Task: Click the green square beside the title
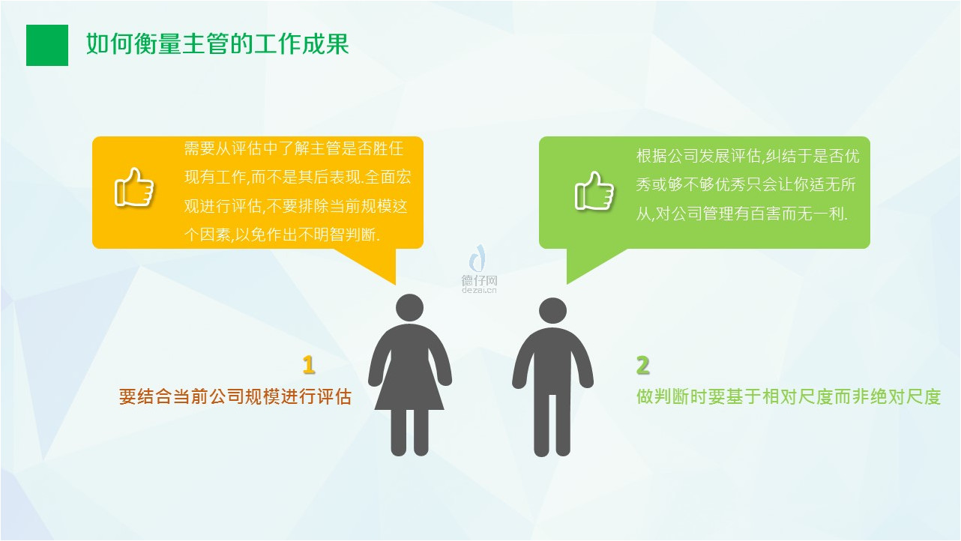pyautogui.click(x=47, y=46)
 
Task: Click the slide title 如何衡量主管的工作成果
pyautogui.click(x=217, y=44)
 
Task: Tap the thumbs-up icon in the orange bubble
pyautogui.click(x=134, y=187)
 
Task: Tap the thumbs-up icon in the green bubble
pyautogui.click(x=594, y=191)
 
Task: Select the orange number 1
pyautogui.click(x=308, y=365)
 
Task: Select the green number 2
pyautogui.click(x=642, y=365)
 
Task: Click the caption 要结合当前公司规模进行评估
pyautogui.click(x=235, y=396)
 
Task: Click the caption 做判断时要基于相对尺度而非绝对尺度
pyautogui.click(x=789, y=396)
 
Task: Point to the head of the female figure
pyautogui.click(x=409, y=308)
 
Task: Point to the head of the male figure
pyautogui.click(x=552, y=311)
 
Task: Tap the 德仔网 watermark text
pyautogui.click(x=479, y=280)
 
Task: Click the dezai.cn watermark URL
pyautogui.click(x=479, y=290)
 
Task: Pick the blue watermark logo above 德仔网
pyautogui.click(x=478, y=259)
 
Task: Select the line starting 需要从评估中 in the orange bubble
pyautogui.click(x=294, y=149)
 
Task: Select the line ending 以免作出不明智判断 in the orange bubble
pyautogui.click(x=282, y=235)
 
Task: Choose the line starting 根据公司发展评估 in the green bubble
pyautogui.click(x=748, y=156)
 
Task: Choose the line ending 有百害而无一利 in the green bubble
pyautogui.click(x=742, y=213)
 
